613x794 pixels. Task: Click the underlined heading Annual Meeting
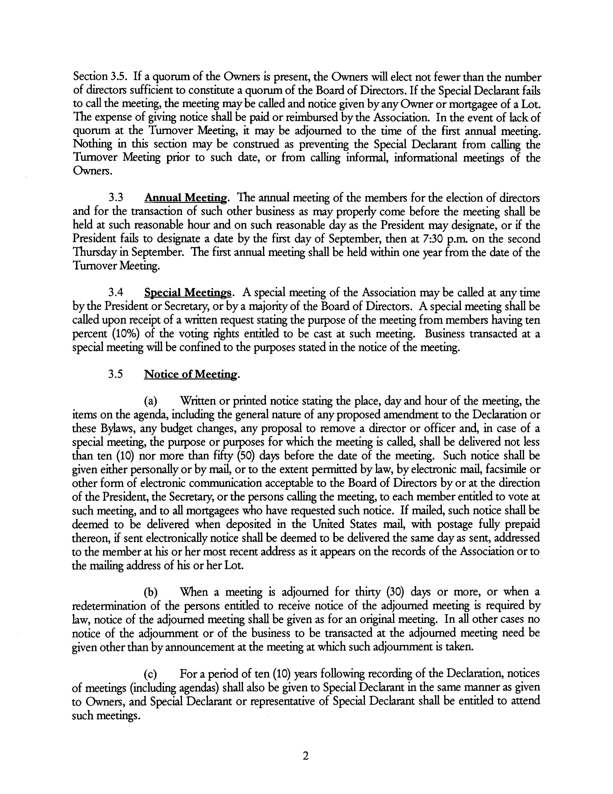tap(186, 198)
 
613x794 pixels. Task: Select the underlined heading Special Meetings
tap(188, 293)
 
